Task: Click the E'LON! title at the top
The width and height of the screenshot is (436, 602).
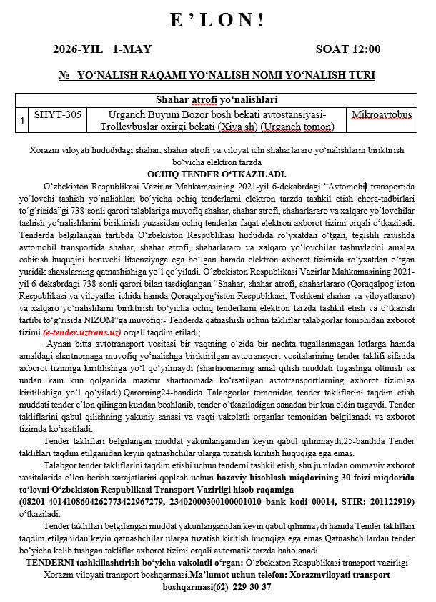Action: [217, 21]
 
